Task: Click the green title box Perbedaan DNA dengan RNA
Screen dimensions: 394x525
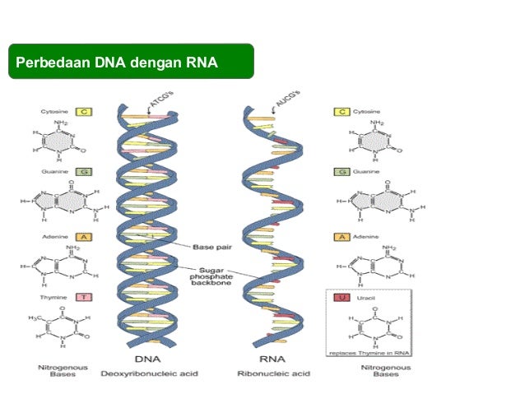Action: [x=131, y=62]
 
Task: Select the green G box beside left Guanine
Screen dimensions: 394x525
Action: [x=82, y=172]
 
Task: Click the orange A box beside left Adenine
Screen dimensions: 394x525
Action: [x=82, y=235]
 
